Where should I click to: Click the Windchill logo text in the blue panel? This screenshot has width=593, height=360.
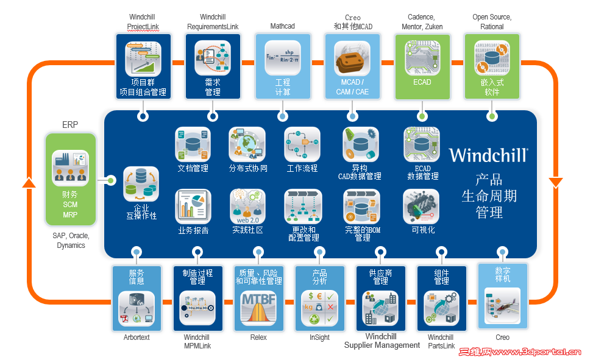click(x=488, y=155)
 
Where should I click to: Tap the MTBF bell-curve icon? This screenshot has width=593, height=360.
click(x=258, y=308)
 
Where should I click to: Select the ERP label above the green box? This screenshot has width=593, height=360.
click(x=70, y=125)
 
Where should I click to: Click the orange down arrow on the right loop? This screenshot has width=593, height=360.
click(x=555, y=182)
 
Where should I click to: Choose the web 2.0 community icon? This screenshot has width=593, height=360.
click(x=247, y=207)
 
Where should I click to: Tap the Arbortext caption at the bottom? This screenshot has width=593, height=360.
click(x=136, y=337)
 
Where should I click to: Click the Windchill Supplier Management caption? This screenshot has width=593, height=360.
click(x=382, y=341)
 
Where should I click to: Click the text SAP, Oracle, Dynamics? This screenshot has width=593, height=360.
click(x=71, y=241)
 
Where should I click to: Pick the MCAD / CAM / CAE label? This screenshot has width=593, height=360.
click(x=352, y=87)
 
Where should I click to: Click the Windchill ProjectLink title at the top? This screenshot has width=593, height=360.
click(x=144, y=22)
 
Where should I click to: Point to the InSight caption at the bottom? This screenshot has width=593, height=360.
click(x=319, y=337)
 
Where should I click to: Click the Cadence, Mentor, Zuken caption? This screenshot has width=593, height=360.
click(x=422, y=22)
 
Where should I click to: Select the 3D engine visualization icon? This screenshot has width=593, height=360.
click(x=421, y=206)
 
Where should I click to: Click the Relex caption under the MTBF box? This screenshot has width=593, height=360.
click(x=258, y=337)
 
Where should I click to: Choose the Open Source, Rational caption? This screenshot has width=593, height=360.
click(x=492, y=22)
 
